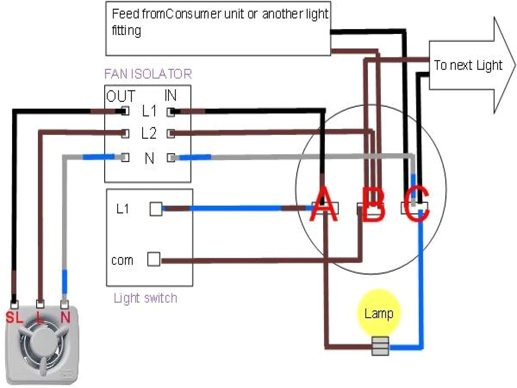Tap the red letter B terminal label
point(373,205)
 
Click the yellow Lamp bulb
point(378,312)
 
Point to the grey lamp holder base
point(380,346)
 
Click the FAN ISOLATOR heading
point(148,74)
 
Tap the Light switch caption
point(145,298)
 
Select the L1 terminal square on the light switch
point(156,209)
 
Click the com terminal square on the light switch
point(153,259)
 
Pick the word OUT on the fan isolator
point(120,96)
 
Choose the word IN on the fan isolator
point(170,95)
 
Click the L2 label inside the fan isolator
point(149,133)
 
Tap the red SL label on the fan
point(14,318)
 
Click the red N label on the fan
point(65,318)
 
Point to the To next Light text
point(468,65)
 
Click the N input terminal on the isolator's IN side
point(171,158)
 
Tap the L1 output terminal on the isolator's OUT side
point(125,111)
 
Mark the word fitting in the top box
point(126,31)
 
